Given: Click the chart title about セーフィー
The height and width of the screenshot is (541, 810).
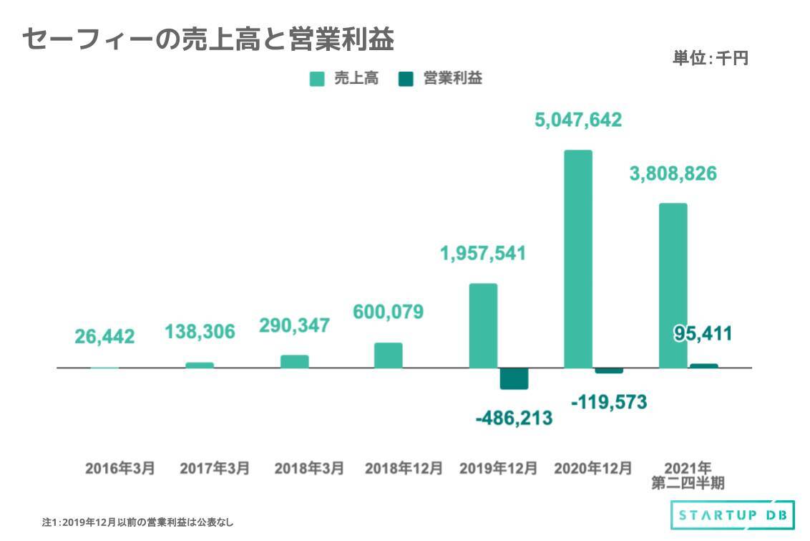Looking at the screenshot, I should (x=208, y=40).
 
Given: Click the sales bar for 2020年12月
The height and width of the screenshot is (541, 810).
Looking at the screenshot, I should (x=577, y=259).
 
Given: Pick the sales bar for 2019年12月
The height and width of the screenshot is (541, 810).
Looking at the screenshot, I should (x=483, y=325).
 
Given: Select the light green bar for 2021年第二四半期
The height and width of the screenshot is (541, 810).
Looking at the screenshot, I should (x=673, y=285).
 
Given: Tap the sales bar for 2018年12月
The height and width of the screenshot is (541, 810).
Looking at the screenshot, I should (x=388, y=355).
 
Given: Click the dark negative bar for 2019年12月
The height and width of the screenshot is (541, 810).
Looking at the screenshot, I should (x=514, y=378).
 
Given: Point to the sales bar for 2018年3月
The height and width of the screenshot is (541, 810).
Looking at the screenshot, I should (x=294, y=361).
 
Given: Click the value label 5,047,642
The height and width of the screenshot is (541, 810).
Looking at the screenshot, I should (x=578, y=120).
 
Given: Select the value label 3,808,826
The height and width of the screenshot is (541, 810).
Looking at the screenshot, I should (x=673, y=174).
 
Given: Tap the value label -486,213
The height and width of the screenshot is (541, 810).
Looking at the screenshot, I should (x=514, y=418).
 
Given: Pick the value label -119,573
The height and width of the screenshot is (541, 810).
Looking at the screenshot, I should (x=609, y=403).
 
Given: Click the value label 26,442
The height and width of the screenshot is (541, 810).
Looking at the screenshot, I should (x=104, y=337).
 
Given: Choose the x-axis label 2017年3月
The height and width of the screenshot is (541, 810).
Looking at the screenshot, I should (x=215, y=469).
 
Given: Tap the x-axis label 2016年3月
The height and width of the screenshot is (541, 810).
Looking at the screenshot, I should (x=119, y=469).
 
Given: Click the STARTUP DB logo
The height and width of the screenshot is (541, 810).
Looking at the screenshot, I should (x=731, y=514).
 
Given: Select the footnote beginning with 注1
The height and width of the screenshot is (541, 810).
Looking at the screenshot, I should (x=138, y=522).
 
